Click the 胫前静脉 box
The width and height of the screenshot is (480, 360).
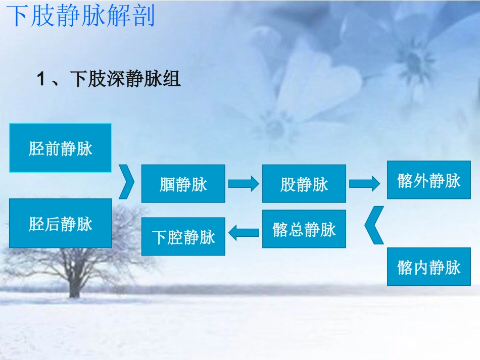(61, 148)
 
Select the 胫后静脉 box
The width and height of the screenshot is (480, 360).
(61, 223)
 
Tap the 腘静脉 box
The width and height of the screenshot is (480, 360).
(183, 184)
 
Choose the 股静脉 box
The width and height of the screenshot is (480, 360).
(304, 184)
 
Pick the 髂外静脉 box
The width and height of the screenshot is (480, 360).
(428, 180)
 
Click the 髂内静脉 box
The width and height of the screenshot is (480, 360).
(428, 267)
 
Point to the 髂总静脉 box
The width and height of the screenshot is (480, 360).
(304, 229)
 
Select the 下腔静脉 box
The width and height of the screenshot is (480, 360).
(183, 236)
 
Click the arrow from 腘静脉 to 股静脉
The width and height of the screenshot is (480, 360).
(244, 184)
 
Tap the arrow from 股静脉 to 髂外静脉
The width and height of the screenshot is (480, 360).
(364, 184)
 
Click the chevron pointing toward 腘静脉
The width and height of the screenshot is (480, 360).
(127, 181)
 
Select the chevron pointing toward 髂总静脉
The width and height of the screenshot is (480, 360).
(373, 226)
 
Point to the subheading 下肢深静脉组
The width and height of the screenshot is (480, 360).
(125, 79)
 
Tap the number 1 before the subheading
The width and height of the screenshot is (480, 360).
(42, 79)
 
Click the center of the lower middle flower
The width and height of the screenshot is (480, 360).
(275, 126)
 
